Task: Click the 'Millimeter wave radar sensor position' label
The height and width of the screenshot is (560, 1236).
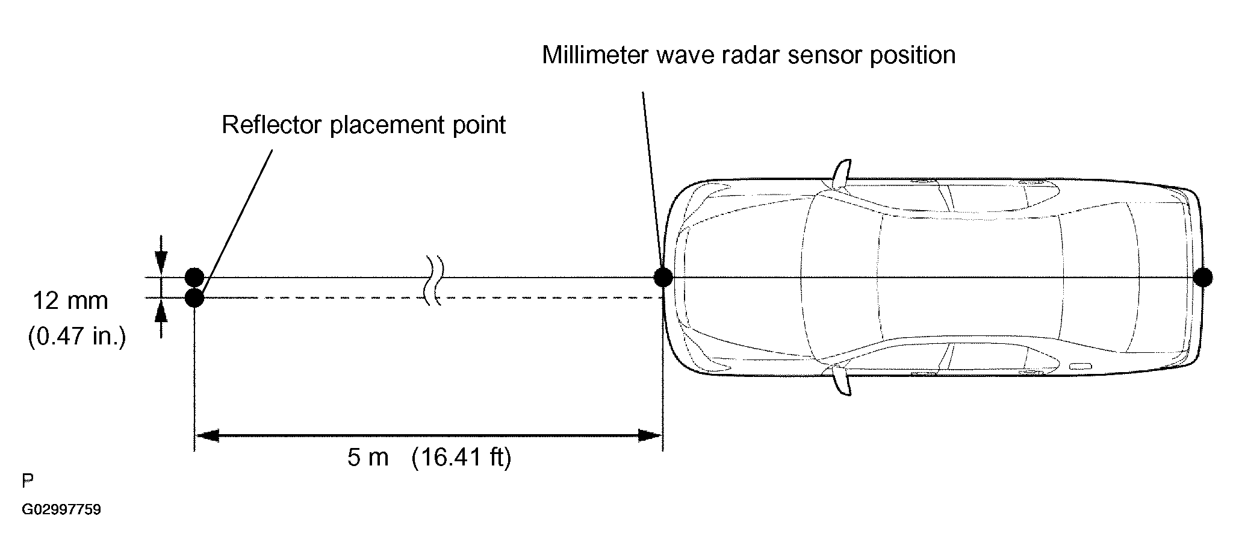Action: click(x=748, y=55)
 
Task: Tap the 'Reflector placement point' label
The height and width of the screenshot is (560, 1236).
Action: click(x=364, y=125)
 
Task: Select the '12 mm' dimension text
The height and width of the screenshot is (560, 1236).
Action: click(x=70, y=300)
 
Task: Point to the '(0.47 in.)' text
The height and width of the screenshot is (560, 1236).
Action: click(x=77, y=337)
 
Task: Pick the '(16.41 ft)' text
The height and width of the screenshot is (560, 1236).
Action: click(x=461, y=458)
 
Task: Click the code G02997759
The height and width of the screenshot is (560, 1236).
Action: click(x=61, y=510)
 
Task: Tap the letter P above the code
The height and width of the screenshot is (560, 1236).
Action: click(x=28, y=481)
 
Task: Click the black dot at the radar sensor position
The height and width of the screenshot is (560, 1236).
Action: click(x=663, y=278)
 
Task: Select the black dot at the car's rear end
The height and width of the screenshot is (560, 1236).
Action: click(x=1202, y=278)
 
